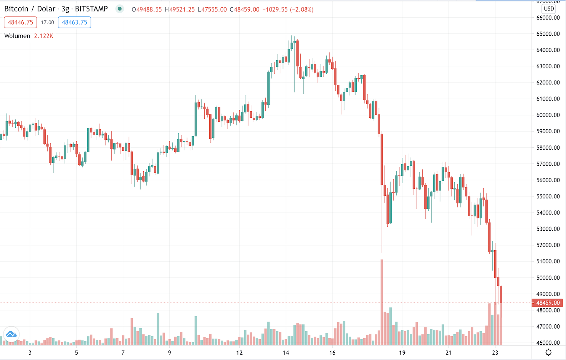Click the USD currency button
coord(549,8)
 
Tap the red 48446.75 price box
coord(20,22)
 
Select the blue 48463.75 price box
coord(74,22)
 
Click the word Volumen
coord(17,36)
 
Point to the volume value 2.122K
coord(43,36)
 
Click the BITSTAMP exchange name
coord(91,9)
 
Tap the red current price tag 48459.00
coord(548,303)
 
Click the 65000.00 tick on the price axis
coord(548,34)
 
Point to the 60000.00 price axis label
coord(548,115)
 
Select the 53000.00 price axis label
coord(548,229)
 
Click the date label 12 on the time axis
coord(239,352)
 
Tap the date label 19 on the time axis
coord(402,352)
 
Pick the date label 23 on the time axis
coord(495,352)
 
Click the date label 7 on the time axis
coord(123,352)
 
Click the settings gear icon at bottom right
coord(549,352)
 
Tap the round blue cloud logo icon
coord(11,334)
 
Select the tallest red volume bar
coord(382,302)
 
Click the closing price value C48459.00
coord(245,10)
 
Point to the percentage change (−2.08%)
coord(301,10)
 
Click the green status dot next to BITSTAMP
coord(120,9)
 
